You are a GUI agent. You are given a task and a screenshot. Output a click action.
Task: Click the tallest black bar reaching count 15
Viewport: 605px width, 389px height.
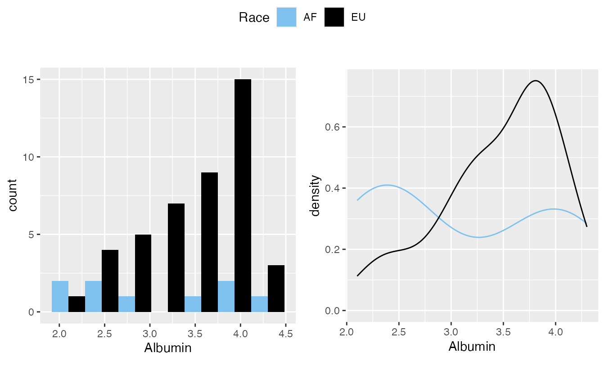click(243, 195)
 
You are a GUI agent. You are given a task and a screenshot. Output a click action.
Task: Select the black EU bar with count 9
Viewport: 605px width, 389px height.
click(210, 242)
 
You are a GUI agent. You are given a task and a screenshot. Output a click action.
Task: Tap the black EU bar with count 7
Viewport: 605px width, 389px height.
click(176, 258)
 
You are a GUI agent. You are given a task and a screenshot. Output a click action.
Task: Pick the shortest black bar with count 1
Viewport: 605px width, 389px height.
click(77, 304)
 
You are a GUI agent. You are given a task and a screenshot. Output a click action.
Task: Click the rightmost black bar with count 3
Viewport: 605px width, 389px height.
click(276, 289)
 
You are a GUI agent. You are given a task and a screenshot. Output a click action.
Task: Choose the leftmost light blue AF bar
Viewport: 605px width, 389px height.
click(60, 296)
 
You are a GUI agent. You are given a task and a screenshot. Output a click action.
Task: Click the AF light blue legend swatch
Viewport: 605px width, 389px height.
click(286, 18)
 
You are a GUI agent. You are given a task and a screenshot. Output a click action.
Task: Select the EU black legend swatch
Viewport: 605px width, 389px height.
click(334, 18)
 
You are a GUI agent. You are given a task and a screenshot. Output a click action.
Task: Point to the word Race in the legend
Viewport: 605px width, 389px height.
click(254, 18)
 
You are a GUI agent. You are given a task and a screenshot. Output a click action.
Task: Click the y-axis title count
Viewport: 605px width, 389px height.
click(13, 195)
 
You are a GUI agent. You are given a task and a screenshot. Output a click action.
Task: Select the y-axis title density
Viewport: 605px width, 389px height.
click(316, 195)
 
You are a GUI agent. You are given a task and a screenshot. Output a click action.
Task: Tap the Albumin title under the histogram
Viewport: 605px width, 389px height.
click(167, 348)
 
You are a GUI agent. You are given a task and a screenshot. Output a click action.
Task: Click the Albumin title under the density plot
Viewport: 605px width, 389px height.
click(472, 346)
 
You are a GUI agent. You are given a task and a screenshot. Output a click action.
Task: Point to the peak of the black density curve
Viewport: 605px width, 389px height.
click(536, 81)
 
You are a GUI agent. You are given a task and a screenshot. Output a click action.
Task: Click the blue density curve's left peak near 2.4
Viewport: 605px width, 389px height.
click(387, 185)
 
